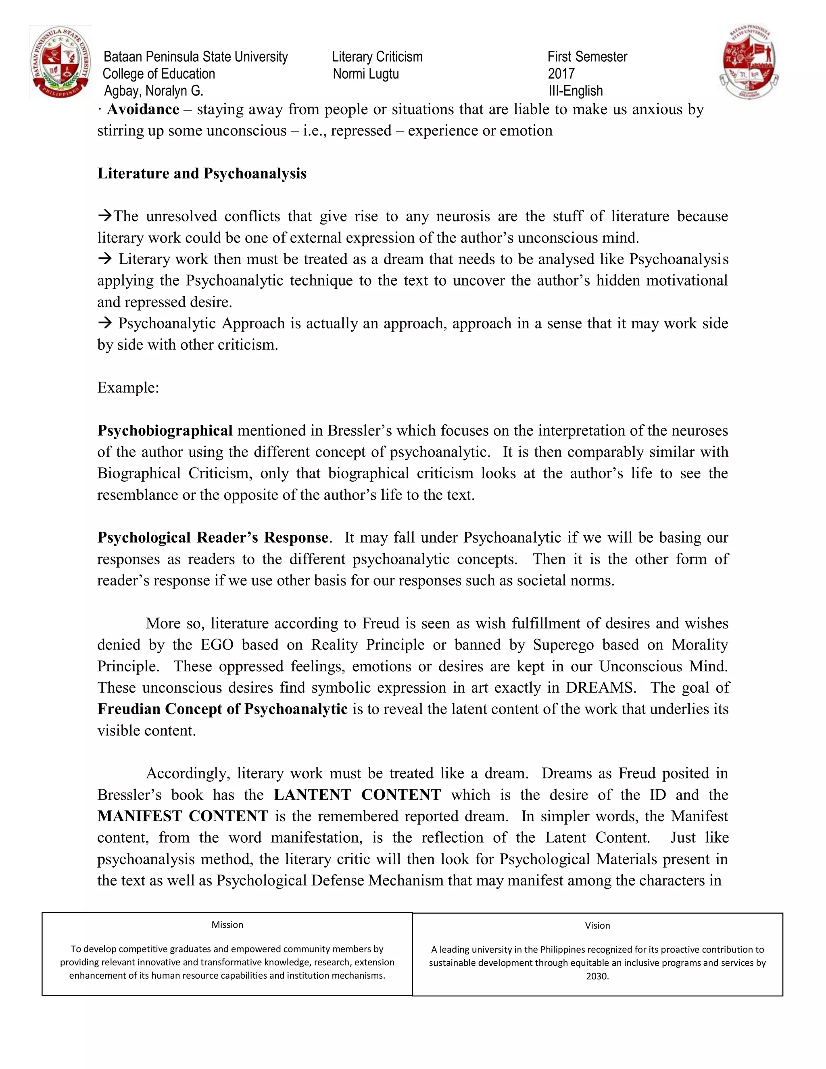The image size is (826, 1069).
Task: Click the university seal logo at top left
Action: click(x=60, y=63)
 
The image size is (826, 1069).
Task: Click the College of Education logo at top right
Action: click(x=749, y=61)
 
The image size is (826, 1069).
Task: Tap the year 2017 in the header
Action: click(x=561, y=74)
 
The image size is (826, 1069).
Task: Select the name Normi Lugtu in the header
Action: click(x=365, y=74)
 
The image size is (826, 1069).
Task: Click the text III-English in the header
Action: click(x=576, y=91)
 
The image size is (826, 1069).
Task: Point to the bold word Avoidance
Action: click(x=143, y=109)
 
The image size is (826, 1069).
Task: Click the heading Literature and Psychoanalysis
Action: click(x=202, y=174)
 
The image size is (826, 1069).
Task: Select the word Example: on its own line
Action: click(x=128, y=388)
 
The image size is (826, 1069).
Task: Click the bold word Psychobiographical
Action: click(x=165, y=431)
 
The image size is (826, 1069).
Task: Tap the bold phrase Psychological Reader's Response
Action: click(x=213, y=537)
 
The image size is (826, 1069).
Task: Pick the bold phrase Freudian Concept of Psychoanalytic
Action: click(x=222, y=709)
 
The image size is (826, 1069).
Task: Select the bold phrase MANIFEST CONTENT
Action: click(x=183, y=816)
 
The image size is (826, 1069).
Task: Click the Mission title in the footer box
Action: click(x=227, y=925)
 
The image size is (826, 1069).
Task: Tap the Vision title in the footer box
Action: click(x=597, y=925)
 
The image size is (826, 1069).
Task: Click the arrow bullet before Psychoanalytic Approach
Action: click(x=105, y=323)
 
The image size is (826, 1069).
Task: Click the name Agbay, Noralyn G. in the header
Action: click(x=153, y=91)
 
